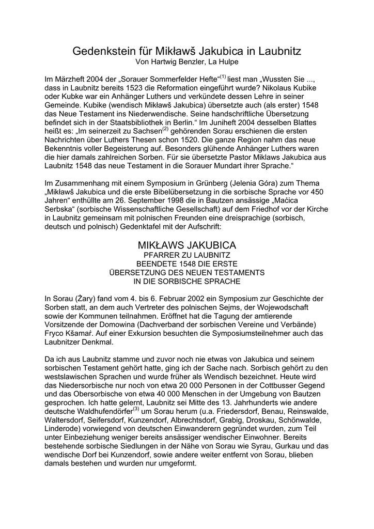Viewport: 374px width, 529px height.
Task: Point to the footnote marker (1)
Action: (x=223, y=77)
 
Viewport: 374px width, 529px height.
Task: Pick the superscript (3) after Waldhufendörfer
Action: (x=136, y=409)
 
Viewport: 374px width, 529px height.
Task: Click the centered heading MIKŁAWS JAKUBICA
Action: (x=186, y=244)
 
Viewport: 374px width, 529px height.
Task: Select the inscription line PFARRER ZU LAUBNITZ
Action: (x=186, y=255)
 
